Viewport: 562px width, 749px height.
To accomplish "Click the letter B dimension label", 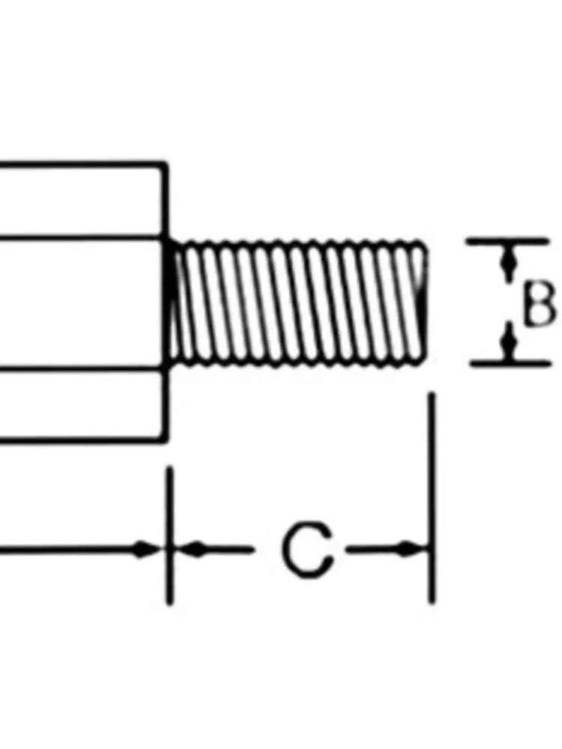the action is (539, 303).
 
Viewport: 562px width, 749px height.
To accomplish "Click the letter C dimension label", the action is (307, 550).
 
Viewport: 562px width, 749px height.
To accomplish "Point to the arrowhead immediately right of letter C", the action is (409, 550).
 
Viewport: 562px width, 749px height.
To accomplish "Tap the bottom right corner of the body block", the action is (166, 441).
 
